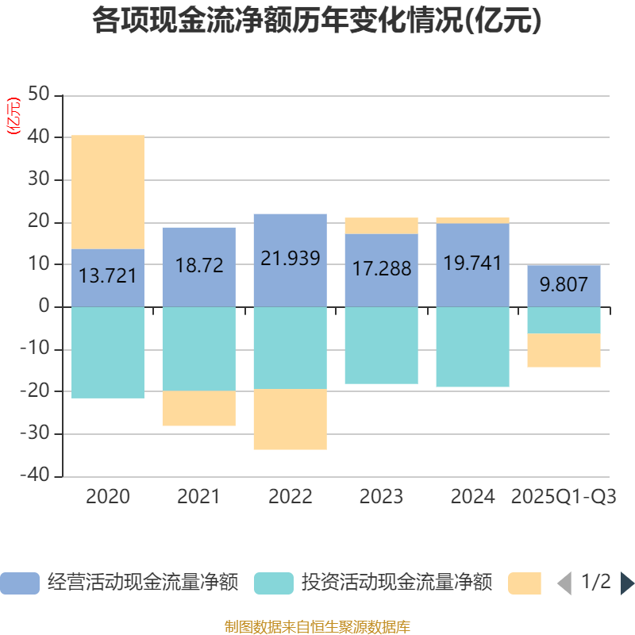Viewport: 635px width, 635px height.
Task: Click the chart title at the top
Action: point(317,21)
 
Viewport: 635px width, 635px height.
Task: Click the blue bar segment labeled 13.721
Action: point(108,277)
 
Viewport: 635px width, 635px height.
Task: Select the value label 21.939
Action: point(291,259)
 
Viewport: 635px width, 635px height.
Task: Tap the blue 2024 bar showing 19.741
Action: point(472,264)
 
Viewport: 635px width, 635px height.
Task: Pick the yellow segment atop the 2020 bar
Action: point(108,192)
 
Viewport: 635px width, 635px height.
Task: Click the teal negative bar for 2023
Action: point(381,345)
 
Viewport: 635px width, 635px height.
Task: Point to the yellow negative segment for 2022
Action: point(291,419)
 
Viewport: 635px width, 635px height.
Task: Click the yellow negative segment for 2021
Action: point(199,409)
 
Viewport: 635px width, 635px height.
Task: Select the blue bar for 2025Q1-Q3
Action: point(564,285)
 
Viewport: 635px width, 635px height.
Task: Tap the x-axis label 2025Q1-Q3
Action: point(564,497)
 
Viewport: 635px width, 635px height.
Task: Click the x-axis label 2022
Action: point(291,497)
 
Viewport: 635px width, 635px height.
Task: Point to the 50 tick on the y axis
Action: point(39,95)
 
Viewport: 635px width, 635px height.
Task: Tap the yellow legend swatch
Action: point(525,583)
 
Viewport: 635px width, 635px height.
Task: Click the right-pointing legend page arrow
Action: point(627,583)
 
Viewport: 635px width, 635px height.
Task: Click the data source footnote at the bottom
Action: point(317,627)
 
